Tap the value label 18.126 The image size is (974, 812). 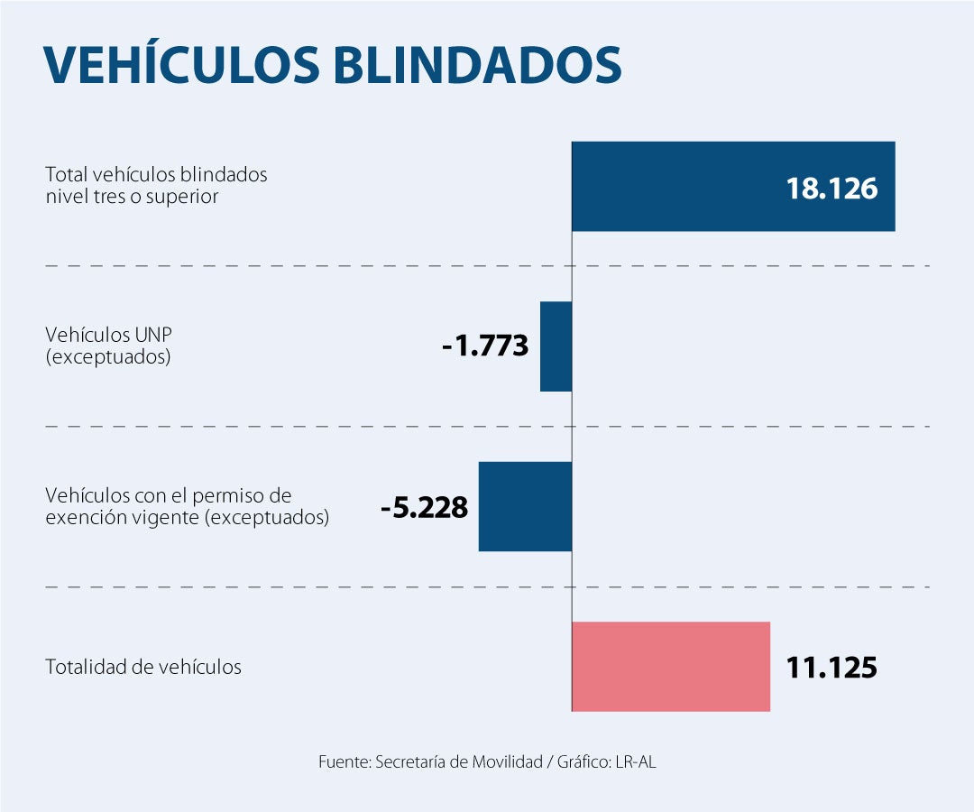[832, 188]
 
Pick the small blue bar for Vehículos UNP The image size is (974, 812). [556, 346]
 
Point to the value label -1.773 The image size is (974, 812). [485, 346]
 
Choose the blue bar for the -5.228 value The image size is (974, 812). [525, 506]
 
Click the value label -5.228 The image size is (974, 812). [424, 507]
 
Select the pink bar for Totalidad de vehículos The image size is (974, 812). [671, 667]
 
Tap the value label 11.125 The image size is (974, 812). [832, 668]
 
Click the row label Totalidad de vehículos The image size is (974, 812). [143, 668]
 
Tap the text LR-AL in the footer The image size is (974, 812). [636, 761]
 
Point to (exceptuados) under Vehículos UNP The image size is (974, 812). [107, 356]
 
